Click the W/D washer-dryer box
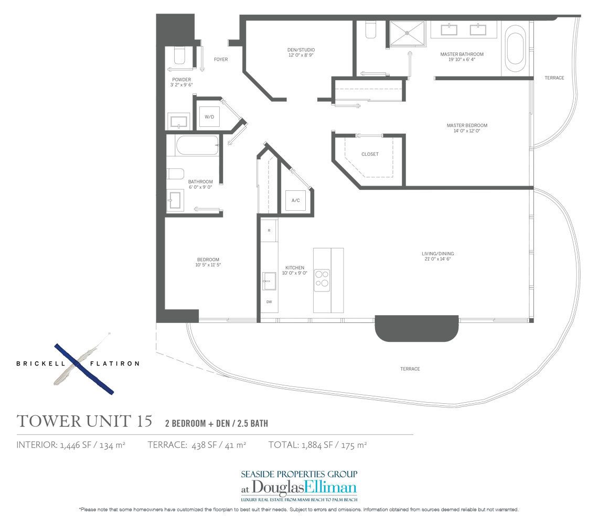[209, 116]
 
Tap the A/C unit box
[295, 200]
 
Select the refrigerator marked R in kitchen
[269, 230]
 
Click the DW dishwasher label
[269, 302]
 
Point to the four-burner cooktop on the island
[322, 279]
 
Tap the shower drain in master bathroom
[407, 33]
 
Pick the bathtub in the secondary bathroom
[197, 145]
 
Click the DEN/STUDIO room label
[301, 50]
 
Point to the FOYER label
[221, 59]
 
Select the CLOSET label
[370, 154]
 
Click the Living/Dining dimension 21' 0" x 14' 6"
[436, 259]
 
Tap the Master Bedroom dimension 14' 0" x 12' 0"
[467, 131]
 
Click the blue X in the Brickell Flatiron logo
[84, 369]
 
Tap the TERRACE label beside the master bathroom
[554, 78]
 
